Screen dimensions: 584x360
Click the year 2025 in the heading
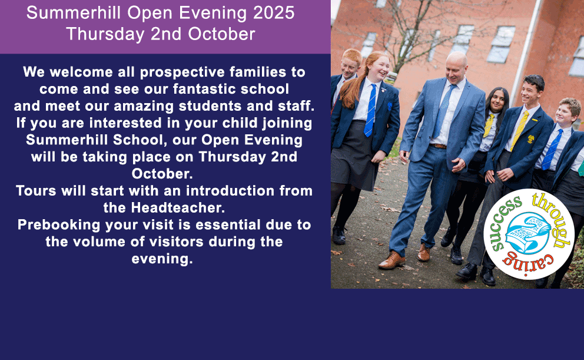click(274, 13)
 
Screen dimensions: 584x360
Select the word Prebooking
click(59, 225)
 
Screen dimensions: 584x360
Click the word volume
click(99, 242)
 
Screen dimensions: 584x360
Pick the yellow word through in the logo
click(553, 219)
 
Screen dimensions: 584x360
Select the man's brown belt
click(439, 146)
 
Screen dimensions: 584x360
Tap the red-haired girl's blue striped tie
click(370, 110)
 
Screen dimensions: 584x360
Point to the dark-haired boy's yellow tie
click(520, 130)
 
